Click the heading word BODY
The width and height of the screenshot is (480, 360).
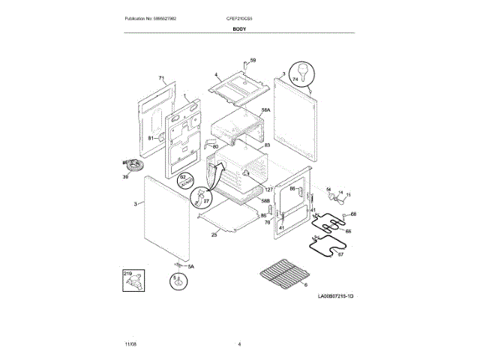pyautogui.click(x=240, y=28)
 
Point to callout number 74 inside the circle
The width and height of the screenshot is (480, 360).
pyautogui.click(x=295, y=79)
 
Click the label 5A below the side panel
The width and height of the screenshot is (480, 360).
pyautogui.click(x=190, y=268)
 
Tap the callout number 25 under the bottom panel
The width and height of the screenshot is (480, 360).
pyautogui.click(x=214, y=235)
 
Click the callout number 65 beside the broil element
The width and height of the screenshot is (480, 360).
pyautogui.click(x=348, y=231)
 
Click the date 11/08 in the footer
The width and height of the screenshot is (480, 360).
pyautogui.click(x=130, y=343)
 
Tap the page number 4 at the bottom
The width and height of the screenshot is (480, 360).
pyautogui.click(x=239, y=343)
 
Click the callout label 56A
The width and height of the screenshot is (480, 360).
pyautogui.click(x=265, y=110)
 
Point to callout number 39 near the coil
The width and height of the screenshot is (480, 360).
pyautogui.click(x=125, y=177)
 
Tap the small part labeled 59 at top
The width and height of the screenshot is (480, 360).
pyautogui.click(x=253, y=59)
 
